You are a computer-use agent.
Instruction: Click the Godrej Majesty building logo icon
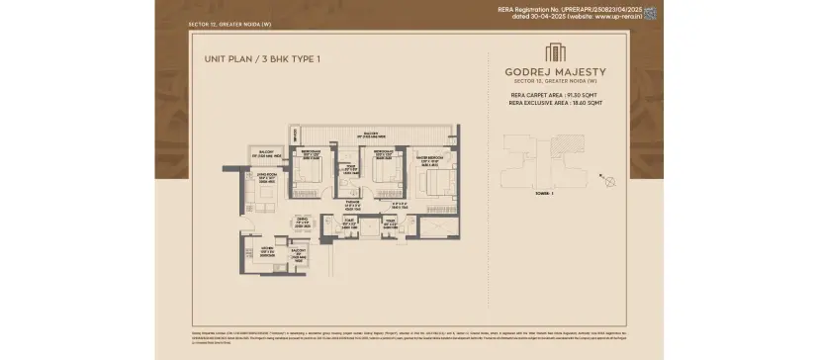pos(555,52)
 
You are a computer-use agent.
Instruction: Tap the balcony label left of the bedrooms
pos(262,155)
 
